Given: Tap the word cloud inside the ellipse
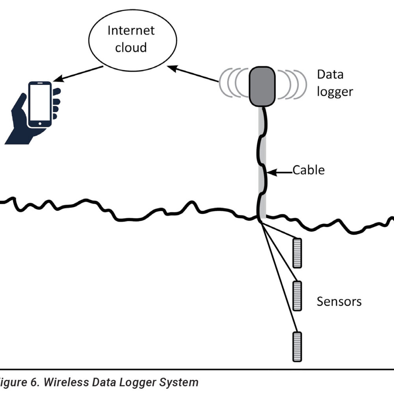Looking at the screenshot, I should tap(131, 48).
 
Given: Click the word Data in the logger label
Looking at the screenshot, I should tap(330, 74).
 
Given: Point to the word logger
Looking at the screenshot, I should tap(335, 91).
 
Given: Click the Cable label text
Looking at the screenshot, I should tap(309, 170).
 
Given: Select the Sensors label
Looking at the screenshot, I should tap(339, 302).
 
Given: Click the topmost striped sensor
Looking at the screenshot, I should tap(297, 253).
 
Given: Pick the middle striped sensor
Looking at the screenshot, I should tap(297, 295).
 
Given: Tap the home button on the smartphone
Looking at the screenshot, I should tap(40, 124).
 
